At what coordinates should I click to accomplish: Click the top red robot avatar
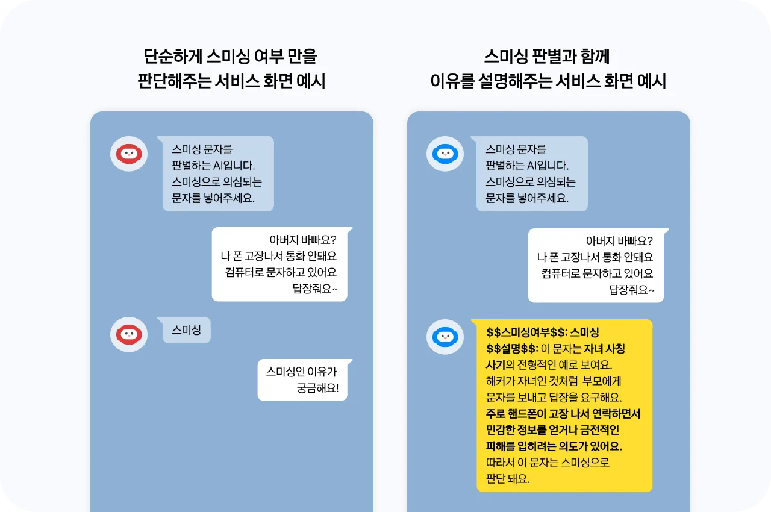[128, 154]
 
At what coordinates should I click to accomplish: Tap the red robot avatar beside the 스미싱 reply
[128, 334]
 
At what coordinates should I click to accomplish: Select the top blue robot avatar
[445, 154]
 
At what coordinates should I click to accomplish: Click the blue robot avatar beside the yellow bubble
[445, 337]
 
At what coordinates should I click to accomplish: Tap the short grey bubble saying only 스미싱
[187, 330]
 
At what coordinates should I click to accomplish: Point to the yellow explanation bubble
[564, 405]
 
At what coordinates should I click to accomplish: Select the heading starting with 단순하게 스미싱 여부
[231, 57]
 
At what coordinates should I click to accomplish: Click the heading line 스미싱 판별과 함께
[547, 57]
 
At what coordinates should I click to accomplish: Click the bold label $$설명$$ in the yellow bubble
[511, 349]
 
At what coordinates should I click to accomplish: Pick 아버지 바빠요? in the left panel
[303, 240]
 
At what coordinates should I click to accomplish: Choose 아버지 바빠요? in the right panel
[619, 241]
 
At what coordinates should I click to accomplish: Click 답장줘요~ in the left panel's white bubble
[315, 289]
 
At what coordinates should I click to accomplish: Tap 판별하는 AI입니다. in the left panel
[213, 166]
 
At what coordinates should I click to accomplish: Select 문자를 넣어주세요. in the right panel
[527, 198]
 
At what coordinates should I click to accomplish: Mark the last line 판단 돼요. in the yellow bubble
[508, 479]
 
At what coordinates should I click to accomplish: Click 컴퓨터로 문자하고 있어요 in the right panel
[597, 273]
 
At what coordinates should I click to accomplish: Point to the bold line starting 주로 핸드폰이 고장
[563, 414]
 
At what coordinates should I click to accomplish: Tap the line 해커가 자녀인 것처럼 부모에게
[554, 381]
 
